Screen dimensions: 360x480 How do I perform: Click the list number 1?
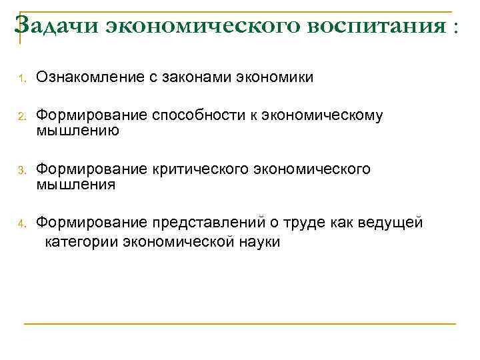click(x=21, y=79)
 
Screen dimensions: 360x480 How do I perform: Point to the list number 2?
click(x=21, y=117)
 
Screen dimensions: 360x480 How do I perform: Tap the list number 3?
click(x=21, y=171)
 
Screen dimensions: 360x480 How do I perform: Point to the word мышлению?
click(x=77, y=131)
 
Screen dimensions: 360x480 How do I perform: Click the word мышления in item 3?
click(x=76, y=185)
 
